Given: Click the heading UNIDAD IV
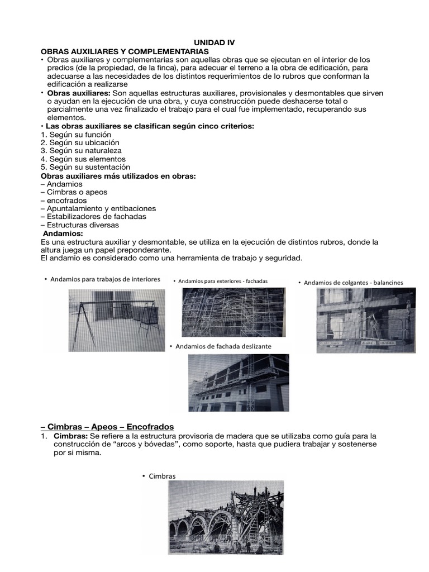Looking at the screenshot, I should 214,42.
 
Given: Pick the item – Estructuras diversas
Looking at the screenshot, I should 79,225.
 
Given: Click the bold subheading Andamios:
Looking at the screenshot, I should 63,233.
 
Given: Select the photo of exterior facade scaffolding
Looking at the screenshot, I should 233,313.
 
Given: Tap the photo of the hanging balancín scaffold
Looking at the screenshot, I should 366,320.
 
